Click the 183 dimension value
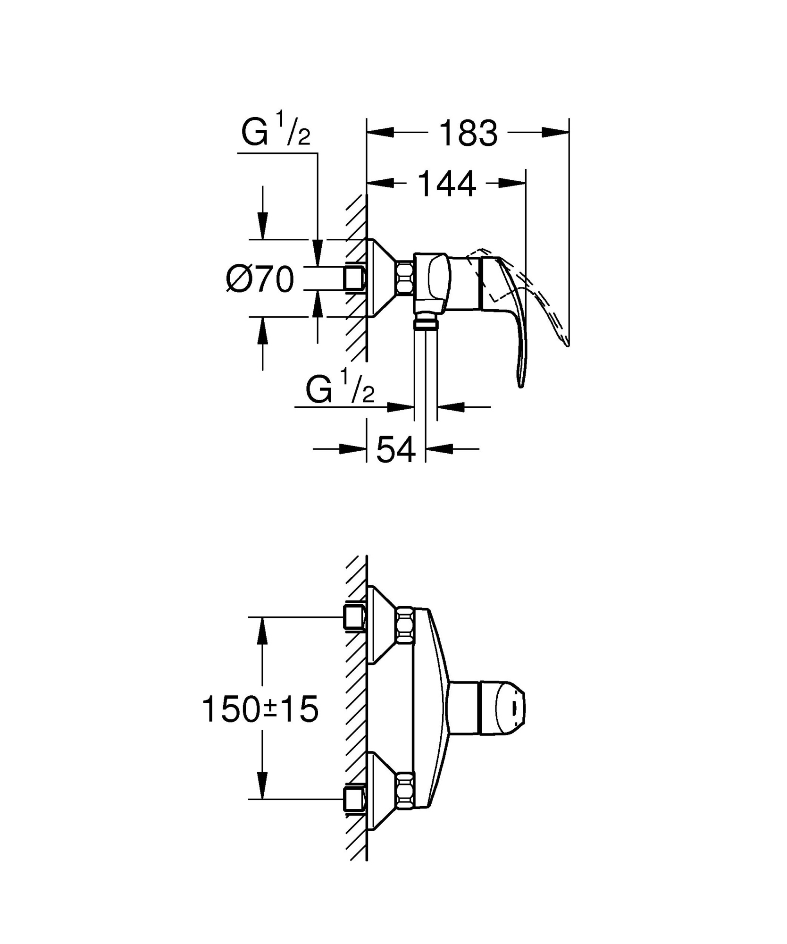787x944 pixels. click(x=468, y=134)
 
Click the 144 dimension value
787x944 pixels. click(x=447, y=185)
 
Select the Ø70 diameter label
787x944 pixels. click(x=260, y=279)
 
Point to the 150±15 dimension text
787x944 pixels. click(x=260, y=710)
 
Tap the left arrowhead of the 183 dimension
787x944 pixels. click(x=380, y=133)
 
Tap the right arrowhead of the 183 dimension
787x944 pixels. click(x=555, y=133)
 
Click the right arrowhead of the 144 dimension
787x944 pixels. click(x=512, y=183)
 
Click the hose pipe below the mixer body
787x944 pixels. click(x=426, y=368)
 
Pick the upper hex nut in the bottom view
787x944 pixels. click(x=405, y=625)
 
